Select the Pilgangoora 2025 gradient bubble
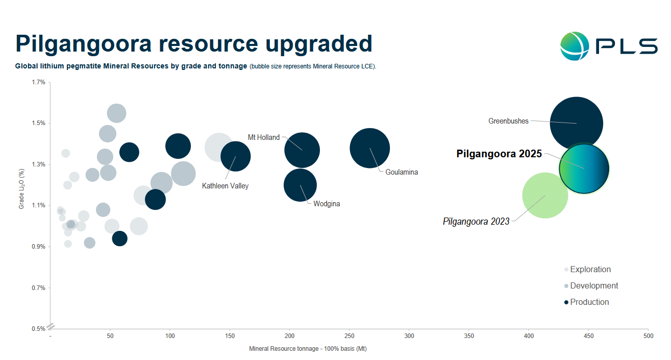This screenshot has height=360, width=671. pyautogui.click(x=585, y=168)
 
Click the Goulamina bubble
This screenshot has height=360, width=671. pyautogui.click(x=370, y=148)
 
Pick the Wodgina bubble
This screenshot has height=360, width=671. pyautogui.click(x=300, y=185)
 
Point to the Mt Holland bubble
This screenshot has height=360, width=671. pyautogui.click(x=302, y=150)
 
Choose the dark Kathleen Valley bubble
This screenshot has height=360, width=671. pyautogui.click(x=236, y=156)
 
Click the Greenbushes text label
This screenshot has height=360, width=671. pyautogui.click(x=508, y=122)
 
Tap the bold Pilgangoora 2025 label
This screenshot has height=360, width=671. pyautogui.click(x=499, y=154)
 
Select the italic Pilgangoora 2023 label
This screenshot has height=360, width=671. pyautogui.click(x=476, y=222)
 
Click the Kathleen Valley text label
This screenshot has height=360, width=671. pyautogui.click(x=225, y=186)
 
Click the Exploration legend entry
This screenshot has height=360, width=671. pyautogui.click(x=590, y=270)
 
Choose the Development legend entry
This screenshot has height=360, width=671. pyautogui.click(x=594, y=286)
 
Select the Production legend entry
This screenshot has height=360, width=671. pyautogui.click(x=589, y=302)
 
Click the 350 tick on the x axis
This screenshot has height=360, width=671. pyautogui.click(x=469, y=336)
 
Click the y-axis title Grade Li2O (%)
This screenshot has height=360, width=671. pyautogui.click(x=21, y=189)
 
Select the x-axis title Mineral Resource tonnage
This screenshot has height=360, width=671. pyautogui.click(x=308, y=349)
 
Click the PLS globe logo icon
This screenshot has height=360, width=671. pyautogui.click(x=575, y=46)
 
